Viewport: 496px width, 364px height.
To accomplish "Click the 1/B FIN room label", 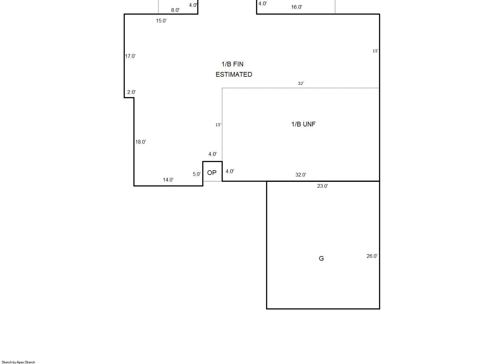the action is click(x=233, y=64).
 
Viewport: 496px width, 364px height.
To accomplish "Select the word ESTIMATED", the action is click(x=234, y=74).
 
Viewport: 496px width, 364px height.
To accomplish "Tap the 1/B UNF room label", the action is click(x=303, y=124).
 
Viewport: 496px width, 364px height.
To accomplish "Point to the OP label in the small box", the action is click(x=212, y=173).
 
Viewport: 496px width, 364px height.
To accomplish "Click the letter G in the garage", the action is click(x=321, y=259).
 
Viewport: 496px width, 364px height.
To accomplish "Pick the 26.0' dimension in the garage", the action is click(x=372, y=256).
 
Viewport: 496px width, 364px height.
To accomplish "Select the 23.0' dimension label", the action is click(x=322, y=186).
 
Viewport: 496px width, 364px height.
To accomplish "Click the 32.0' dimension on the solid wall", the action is click(x=301, y=175).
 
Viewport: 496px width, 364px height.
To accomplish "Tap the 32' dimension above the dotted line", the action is click(x=301, y=84).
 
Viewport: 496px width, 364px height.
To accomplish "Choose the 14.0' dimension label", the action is click(x=168, y=180).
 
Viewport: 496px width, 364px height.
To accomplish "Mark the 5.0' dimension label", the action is click(x=197, y=174).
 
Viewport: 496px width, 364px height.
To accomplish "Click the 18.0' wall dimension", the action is click(x=141, y=142).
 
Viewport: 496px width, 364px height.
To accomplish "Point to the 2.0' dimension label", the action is click(x=131, y=92).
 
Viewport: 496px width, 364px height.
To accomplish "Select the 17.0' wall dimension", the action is click(x=130, y=56).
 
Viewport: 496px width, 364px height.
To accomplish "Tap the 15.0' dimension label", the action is click(x=161, y=21).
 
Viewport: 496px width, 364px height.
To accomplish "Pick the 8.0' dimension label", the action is click(x=175, y=10).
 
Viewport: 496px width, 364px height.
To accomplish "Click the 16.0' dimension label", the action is click(x=296, y=7).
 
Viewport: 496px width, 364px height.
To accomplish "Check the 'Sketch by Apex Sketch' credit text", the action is click(x=18, y=362).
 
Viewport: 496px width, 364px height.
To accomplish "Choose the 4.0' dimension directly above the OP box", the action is click(x=212, y=154).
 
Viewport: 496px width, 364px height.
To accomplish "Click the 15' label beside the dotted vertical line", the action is click(x=218, y=125).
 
